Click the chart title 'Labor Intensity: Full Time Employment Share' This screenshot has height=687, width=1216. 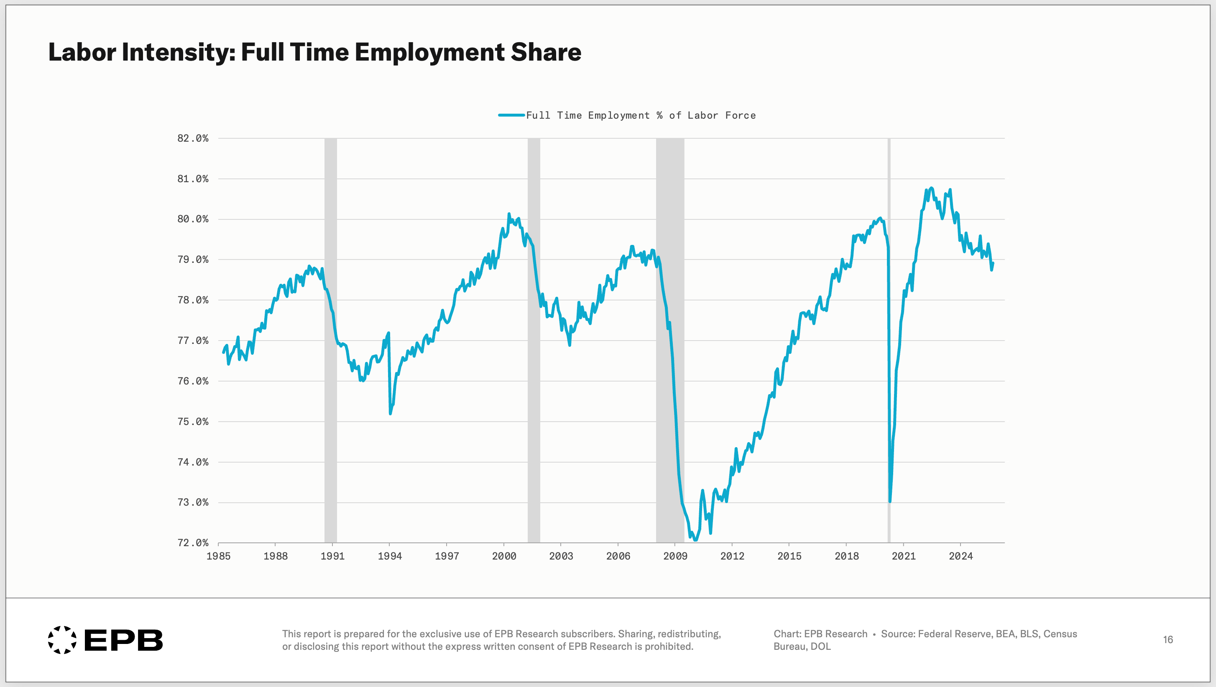click(x=314, y=52)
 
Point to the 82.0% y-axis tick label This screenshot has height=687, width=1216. click(x=193, y=138)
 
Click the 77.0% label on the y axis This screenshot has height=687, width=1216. click(x=193, y=341)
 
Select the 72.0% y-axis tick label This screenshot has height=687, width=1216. click(x=193, y=542)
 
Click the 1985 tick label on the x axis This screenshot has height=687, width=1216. click(x=219, y=556)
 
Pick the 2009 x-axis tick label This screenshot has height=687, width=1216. click(x=675, y=556)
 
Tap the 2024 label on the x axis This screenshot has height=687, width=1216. click(x=961, y=556)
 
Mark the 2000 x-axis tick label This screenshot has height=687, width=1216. click(x=504, y=556)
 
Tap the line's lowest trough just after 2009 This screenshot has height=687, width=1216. click(x=695, y=540)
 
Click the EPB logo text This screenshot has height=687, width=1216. click(x=123, y=640)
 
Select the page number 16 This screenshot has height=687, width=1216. click(x=1168, y=640)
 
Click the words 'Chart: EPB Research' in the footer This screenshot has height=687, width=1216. click(x=820, y=634)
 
